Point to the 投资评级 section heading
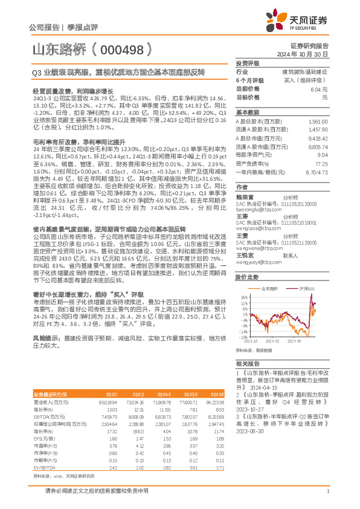247,63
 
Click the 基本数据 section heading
247,112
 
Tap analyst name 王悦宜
244,239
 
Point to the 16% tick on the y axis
244,297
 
